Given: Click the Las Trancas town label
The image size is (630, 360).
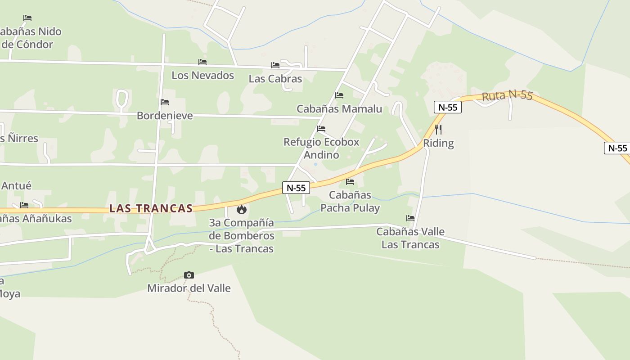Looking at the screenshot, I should click(x=151, y=208).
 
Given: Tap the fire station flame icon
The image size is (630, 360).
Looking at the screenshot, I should click(x=242, y=209).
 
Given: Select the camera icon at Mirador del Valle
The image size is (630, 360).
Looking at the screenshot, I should click(x=189, y=275).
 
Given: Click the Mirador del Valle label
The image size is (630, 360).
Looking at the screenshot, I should click(x=189, y=288).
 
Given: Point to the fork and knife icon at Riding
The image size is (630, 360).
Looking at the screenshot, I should click(x=438, y=130).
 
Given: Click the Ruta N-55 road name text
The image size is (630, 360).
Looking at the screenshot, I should click(x=507, y=95).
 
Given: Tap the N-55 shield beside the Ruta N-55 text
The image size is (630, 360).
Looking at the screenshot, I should click(x=448, y=107).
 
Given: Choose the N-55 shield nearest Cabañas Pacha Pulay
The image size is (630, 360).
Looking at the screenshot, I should click(x=296, y=188).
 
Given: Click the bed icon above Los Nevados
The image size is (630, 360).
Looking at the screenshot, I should click(x=202, y=62).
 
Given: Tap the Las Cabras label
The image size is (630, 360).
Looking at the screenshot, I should click(x=275, y=78).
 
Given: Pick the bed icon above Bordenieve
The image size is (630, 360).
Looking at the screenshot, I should click(x=165, y=102).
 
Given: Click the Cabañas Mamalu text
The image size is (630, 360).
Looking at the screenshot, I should click(x=339, y=108).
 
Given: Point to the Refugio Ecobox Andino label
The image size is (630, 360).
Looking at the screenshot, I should click(x=321, y=148).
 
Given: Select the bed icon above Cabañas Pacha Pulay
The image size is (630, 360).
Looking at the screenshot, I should click(x=350, y=182).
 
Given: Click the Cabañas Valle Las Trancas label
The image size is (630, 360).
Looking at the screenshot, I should click(x=410, y=238).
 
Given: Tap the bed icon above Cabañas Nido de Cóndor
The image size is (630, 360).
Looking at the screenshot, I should click(x=27, y=18).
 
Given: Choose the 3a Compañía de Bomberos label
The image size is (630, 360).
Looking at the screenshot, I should click(x=242, y=235).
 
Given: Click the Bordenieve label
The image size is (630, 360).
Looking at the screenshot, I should click(x=165, y=116).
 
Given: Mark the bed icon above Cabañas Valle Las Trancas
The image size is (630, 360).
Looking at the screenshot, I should click(x=410, y=218).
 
